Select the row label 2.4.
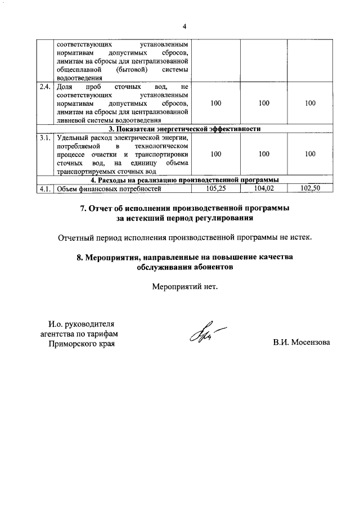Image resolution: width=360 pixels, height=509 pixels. coord(44,87)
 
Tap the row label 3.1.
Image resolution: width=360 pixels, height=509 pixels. coord(44,137)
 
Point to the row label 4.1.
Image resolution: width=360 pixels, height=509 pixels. coord(44,188)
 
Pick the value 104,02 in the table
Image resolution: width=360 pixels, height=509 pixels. coord(264,188)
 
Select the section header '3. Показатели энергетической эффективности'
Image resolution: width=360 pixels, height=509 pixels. coord(185,129)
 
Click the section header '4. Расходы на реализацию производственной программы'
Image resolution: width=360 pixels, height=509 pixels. coord(185,180)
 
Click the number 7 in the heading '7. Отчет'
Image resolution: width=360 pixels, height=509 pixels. coord(82,208)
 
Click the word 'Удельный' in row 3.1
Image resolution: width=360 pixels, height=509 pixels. coord(72,137)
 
